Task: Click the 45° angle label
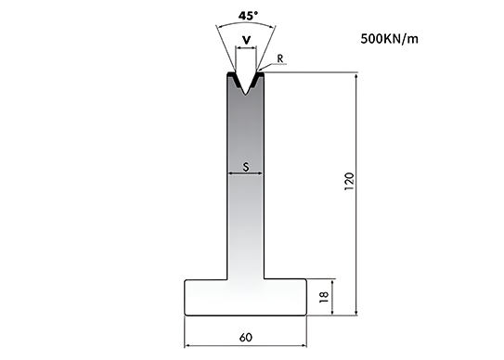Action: (x=248, y=16)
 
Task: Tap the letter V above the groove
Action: (x=246, y=40)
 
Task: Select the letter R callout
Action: (x=280, y=58)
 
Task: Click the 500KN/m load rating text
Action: (x=389, y=39)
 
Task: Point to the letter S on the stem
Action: (x=246, y=167)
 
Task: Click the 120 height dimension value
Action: (x=349, y=181)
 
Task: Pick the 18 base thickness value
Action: (x=324, y=296)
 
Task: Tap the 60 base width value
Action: (x=246, y=338)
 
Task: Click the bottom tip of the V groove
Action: (x=246, y=95)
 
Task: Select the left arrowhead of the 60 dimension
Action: (x=187, y=346)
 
